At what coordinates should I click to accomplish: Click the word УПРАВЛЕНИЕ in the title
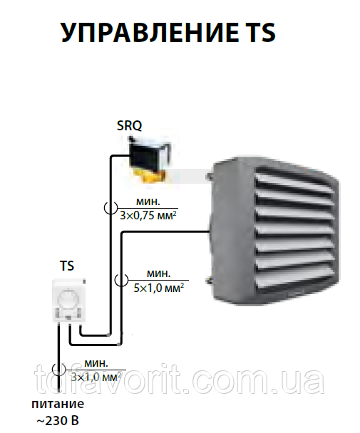coord(149,32)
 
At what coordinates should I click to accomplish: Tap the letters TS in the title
coord(259,32)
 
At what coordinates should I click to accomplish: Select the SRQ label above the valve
coord(129,125)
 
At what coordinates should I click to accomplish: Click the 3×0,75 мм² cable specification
coord(148,215)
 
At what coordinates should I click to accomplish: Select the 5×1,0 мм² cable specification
coord(159,288)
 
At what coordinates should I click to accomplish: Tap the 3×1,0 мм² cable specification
coord(96,377)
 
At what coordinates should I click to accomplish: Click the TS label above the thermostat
coord(67,266)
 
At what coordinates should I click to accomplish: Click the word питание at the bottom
coord(58,404)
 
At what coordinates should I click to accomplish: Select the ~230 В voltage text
coord(58,421)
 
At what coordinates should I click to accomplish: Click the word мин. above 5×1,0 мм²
coord(158,273)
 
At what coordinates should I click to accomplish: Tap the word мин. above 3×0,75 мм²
coord(148,202)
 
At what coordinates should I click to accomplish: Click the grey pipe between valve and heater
coord(189,175)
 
